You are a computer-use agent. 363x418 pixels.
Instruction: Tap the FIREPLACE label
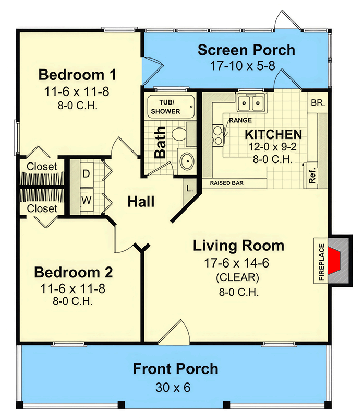[321, 262]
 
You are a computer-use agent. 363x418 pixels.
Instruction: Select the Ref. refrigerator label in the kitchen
[312, 176]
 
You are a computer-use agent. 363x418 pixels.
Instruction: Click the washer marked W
[87, 200]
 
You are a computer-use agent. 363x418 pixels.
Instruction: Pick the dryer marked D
[86, 174]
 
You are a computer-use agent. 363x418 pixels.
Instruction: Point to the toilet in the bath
[179, 133]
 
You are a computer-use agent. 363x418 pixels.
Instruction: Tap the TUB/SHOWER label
[165, 107]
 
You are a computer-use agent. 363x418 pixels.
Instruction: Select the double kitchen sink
[251, 102]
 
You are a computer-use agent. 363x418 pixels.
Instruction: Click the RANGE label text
[240, 120]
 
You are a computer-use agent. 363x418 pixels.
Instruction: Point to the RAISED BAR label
[227, 183]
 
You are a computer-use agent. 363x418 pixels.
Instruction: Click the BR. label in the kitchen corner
[318, 102]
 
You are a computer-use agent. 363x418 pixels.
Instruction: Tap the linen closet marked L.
[189, 189]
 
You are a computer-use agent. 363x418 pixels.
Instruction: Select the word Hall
[141, 202]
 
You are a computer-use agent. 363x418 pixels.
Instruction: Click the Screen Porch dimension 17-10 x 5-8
[243, 66]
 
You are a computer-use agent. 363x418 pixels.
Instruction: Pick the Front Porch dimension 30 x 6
[173, 388]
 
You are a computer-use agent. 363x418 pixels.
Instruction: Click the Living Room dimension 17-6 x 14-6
[237, 263]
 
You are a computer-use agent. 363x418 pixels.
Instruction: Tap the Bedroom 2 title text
[74, 272]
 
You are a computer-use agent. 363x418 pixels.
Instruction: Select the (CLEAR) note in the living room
[237, 278]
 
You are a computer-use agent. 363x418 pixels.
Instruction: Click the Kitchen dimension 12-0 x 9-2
[272, 147]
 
